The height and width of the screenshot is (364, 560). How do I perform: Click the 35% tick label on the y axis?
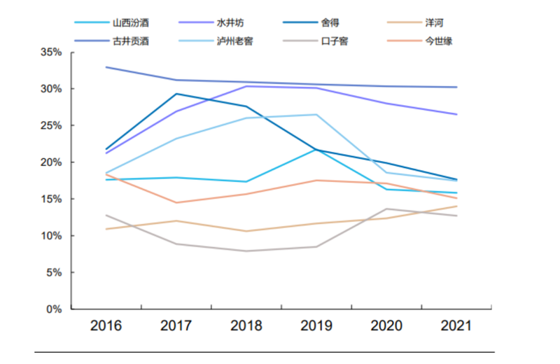[x=52, y=52]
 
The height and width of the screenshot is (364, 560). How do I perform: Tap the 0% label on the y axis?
[x=55, y=309]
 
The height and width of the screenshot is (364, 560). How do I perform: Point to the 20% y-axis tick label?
[x=52, y=162]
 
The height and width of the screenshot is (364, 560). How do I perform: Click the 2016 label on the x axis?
[x=106, y=325]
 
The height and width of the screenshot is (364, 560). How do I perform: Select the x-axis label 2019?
[x=316, y=325]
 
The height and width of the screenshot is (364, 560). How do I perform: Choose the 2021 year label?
[x=456, y=325]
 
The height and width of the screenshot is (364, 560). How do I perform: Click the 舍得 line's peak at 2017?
[x=176, y=94]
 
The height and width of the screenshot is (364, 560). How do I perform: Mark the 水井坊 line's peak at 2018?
[x=246, y=86]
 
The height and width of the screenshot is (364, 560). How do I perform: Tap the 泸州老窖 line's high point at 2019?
[x=316, y=115]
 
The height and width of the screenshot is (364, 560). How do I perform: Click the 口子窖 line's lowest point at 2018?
[x=246, y=251]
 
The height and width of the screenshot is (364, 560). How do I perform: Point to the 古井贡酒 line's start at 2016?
[x=106, y=67]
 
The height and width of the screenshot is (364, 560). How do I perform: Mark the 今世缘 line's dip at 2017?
[x=176, y=202]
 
